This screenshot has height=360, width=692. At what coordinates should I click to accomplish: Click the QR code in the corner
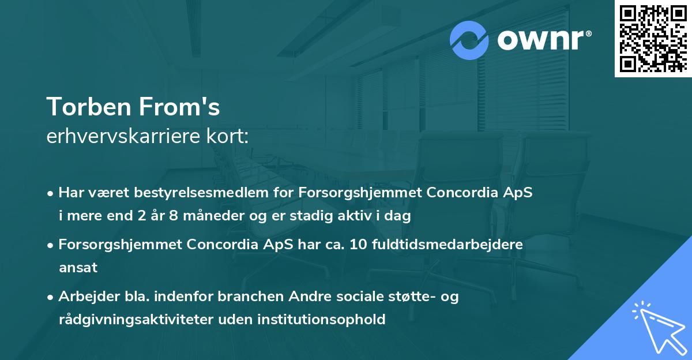653,38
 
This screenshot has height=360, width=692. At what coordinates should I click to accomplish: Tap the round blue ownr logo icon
469,40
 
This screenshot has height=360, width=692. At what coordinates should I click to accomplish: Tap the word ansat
78,268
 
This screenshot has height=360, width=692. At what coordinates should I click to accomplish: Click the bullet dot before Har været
51,193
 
